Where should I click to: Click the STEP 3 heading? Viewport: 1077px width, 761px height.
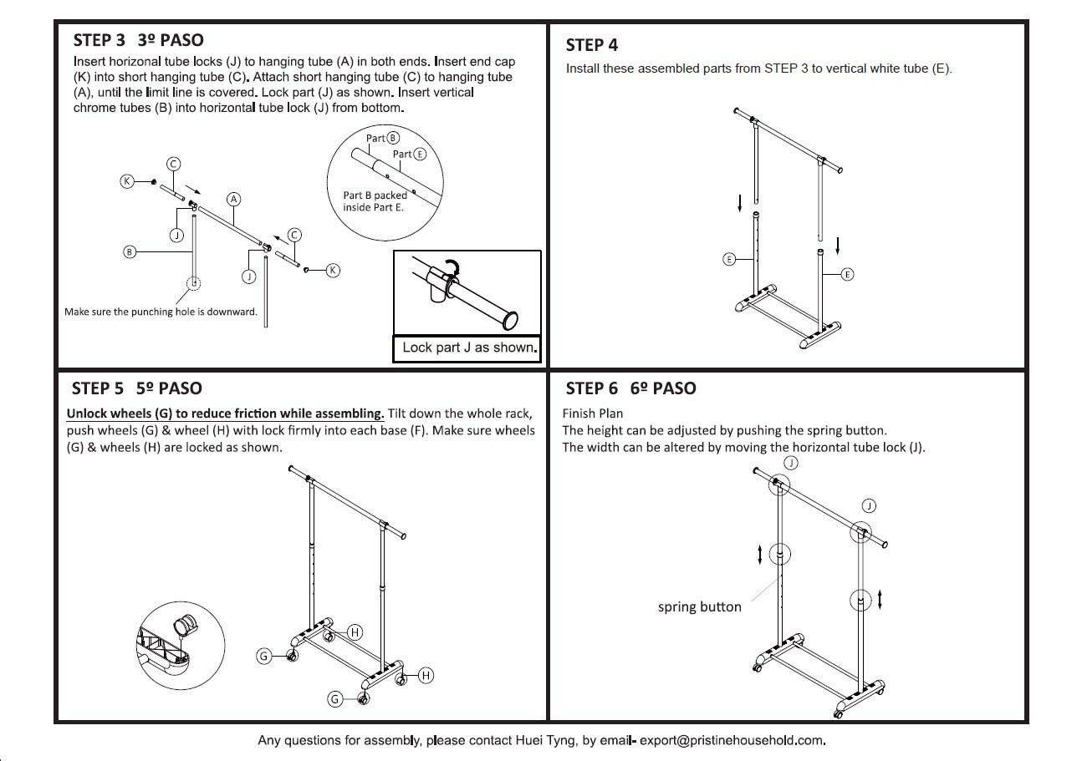99,40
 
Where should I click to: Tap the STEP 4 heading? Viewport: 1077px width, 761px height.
591,45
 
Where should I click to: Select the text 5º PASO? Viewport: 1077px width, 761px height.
169,388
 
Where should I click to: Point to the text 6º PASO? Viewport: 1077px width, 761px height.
663,388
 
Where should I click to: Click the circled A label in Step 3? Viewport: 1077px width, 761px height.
233,199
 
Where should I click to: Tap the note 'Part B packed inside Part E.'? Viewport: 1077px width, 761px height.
374,201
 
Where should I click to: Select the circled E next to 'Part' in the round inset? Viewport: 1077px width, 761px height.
421,154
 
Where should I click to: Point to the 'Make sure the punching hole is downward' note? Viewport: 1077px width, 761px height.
161,312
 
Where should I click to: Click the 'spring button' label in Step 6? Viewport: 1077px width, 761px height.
699,606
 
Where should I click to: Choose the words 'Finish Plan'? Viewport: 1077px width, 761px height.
593,413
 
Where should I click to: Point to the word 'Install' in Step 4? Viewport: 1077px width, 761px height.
583,68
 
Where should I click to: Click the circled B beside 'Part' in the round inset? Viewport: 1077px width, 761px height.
393,138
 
